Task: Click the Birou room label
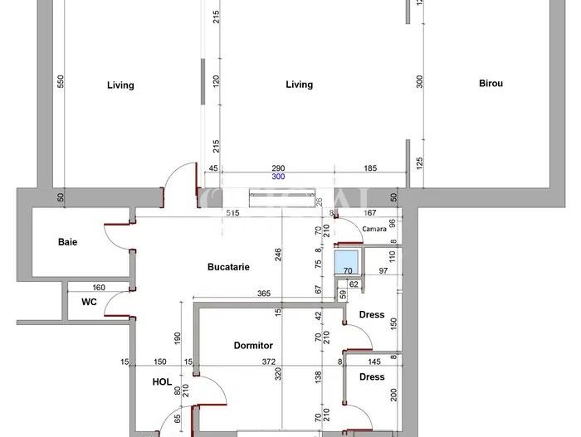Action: click(491, 83)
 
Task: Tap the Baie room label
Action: click(68, 242)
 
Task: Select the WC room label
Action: click(89, 302)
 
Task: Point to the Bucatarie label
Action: click(228, 267)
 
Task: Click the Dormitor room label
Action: click(253, 346)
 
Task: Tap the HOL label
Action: click(163, 382)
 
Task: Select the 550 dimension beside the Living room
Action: click(60, 83)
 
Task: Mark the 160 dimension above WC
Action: click(100, 289)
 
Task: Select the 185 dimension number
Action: click(369, 169)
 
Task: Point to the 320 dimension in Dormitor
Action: click(280, 374)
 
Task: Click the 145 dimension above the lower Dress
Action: click(374, 362)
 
